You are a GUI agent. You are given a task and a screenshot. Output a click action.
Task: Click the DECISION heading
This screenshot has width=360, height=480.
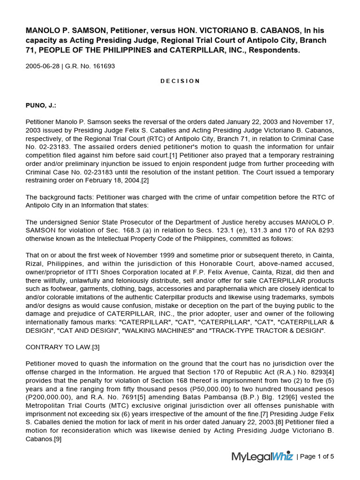(x=180, y=81)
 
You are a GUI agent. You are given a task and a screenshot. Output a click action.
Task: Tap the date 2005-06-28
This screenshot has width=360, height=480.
(x=43, y=66)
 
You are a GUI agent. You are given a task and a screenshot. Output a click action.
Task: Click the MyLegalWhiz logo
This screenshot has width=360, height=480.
(x=262, y=457)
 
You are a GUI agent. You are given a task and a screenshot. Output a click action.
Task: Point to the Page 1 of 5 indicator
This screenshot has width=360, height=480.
(x=316, y=457)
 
